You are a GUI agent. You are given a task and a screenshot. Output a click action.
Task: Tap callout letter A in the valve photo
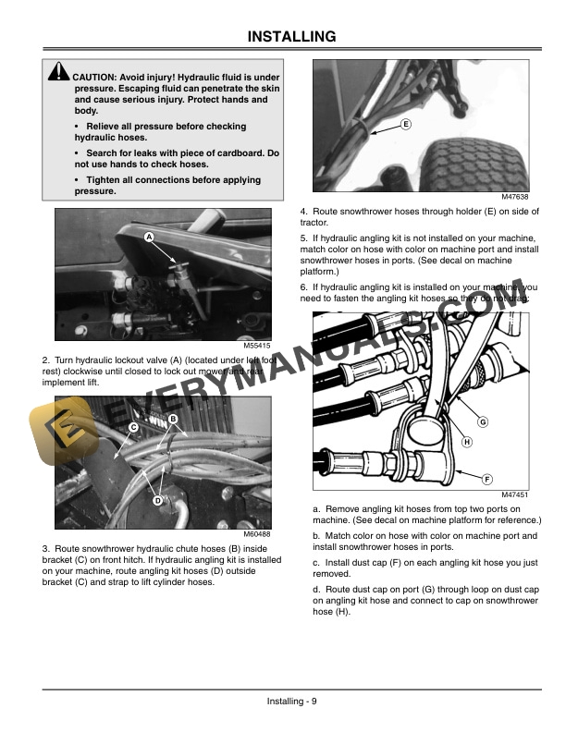[148, 238]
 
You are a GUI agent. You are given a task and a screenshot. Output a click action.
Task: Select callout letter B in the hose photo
[173, 419]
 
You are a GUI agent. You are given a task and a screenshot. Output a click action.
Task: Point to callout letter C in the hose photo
[133, 427]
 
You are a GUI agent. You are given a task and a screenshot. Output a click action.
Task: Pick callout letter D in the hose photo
[158, 500]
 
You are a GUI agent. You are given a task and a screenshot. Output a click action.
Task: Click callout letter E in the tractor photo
[407, 124]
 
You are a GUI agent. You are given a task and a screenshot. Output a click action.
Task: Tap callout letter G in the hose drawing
[482, 422]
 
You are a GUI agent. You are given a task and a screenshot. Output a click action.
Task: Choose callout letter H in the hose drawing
[466, 442]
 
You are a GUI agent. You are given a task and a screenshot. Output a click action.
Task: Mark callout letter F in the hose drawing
[486, 477]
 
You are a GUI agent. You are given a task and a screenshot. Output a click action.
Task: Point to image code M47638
[513, 197]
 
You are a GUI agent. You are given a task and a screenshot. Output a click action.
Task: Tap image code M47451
[513, 495]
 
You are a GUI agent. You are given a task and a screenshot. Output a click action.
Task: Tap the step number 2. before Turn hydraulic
[46, 360]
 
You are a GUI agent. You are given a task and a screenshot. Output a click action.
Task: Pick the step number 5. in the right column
[304, 238]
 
